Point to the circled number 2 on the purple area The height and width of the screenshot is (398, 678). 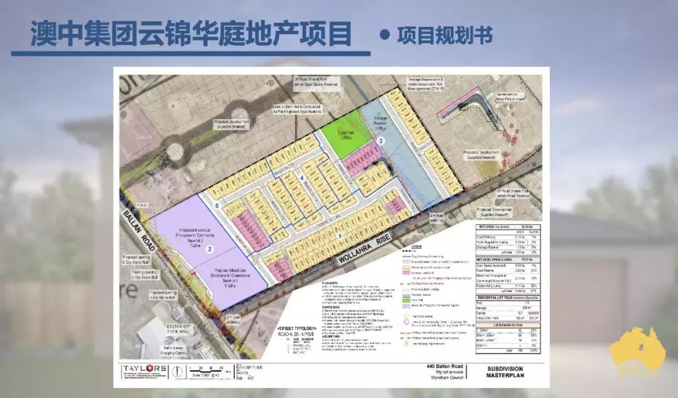[210, 249]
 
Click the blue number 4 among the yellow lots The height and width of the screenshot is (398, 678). [303, 178]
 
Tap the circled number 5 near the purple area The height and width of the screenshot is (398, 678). [217, 205]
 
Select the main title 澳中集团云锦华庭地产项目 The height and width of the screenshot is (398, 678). [191, 35]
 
